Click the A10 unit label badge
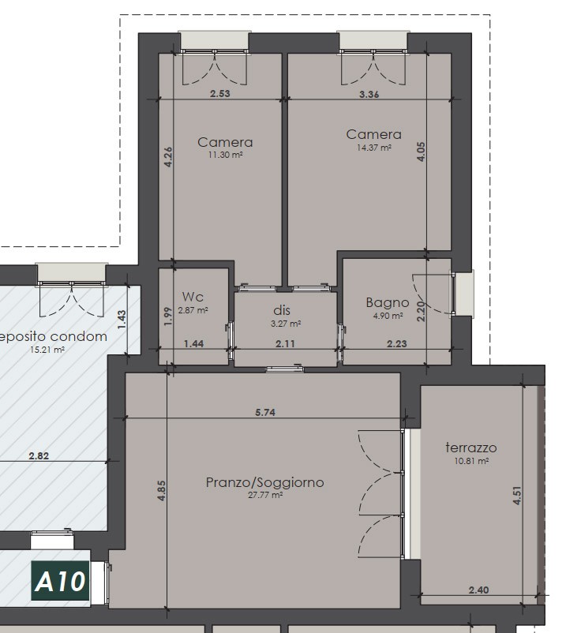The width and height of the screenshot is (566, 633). click(x=60, y=581)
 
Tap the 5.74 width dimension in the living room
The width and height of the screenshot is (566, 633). click(x=265, y=412)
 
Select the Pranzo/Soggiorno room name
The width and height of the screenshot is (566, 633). click(x=264, y=482)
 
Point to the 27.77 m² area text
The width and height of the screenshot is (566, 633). click(x=265, y=495)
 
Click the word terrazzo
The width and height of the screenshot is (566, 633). click(x=471, y=448)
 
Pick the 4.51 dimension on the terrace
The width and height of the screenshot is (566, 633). click(x=517, y=496)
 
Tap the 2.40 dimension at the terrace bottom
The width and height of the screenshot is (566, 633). click(x=479, y=590)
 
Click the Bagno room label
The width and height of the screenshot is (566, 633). click(x=388, y=302)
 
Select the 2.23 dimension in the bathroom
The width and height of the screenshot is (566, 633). click(x=397, y=343)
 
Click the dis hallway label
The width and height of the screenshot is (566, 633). click(x=282, y=310)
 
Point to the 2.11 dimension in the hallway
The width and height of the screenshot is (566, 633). click(x=285, y=343)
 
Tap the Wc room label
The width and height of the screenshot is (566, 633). click(x=193, y=297)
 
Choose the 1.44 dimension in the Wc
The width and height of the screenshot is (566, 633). click(x=193, y=343)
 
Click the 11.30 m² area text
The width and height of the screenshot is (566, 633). click(x=225, y=155)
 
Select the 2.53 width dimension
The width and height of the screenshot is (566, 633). click(x=220, y=93)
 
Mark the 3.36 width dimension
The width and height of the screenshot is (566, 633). click(x=369, y=94)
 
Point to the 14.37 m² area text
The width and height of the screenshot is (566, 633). click(x=374, y=148)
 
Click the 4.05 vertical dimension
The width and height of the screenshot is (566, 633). click(x=421, y=152)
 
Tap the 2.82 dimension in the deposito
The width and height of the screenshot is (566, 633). click(x=39, y=455)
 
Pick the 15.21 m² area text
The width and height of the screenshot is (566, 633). click(x=47, y=350)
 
